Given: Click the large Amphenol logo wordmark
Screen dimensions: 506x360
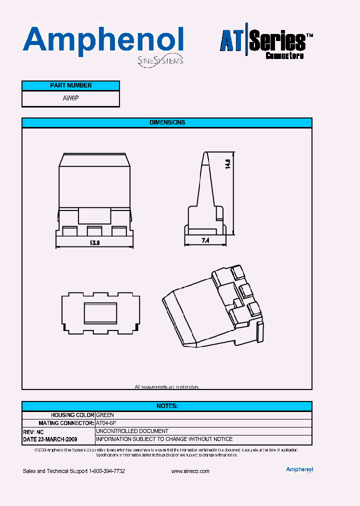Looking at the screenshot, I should pyautogui.click(x=103, y=40).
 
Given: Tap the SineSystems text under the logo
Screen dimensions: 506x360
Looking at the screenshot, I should pyautogui.click(x=160, y=61).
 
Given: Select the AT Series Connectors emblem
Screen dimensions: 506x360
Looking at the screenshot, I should pyautogui.click(x=266, y=44).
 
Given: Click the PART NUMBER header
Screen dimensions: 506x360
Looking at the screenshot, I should pyautogui.click(x=71, y=85).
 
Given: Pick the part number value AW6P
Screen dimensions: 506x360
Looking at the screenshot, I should pyautogui.click(x=71, y=98).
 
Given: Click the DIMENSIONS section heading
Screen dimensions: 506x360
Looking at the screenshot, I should pyautogui.click(x=167, y=122).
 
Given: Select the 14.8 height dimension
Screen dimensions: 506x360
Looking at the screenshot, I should pyautogui.click(x=227, y=165).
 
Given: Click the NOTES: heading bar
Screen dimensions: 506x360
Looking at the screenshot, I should pyautogui.click(x=167, y=406).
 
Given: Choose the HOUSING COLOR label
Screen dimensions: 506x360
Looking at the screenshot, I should pyautogui.click(x=72, y=415).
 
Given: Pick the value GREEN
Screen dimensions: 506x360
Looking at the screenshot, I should pyautogui.click(x=105, y=415).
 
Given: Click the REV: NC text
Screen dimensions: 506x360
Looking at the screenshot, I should pyautogui.click(x=33, y=431).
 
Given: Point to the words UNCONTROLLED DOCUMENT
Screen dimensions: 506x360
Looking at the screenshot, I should pyautogui.click(x=132, y=431).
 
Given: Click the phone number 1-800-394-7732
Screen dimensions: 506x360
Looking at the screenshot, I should pyautogui.click(x=107, y=471).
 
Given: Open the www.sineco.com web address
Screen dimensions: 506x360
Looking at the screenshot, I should pyautogui.click(x=190, y=471).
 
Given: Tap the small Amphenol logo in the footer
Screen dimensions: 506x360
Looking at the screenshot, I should pyautogui.click(x=299, y=469).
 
